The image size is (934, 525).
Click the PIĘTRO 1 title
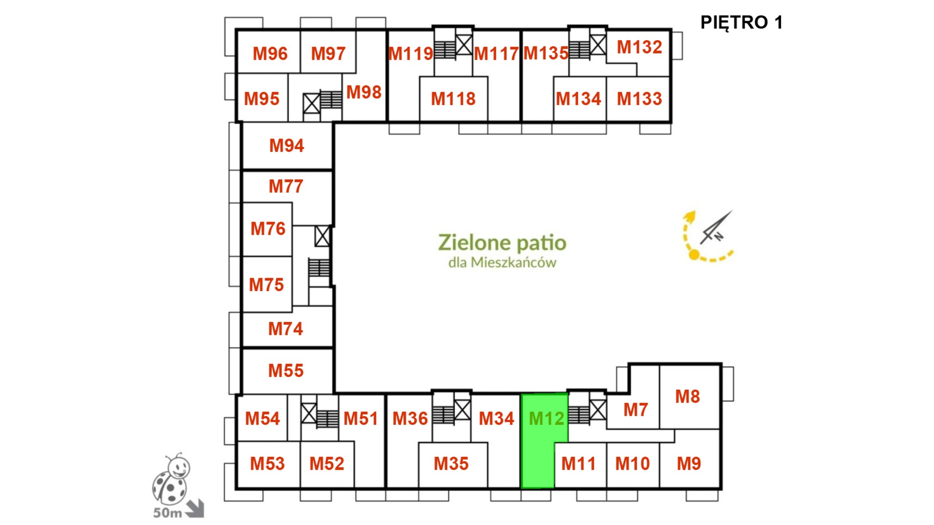point(741,22)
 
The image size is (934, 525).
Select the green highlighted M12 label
point(546,418)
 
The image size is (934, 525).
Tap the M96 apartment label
point(270,53)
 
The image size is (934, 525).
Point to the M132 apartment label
point(639,47)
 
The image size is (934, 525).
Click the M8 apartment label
point(687,396)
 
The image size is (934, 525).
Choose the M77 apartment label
point(286,186)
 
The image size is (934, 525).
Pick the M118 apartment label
point(453,99)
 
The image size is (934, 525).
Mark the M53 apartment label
point(267,463)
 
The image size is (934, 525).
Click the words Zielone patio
point(502,243)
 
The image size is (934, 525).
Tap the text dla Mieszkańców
point(502,262)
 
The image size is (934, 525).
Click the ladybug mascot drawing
point(171,479)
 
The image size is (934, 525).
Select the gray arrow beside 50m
point(195,509)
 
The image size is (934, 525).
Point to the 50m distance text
point(167,513)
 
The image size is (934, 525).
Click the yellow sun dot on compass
point(694,254)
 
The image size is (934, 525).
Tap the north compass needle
point(716,227)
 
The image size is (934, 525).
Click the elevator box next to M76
point(322,236)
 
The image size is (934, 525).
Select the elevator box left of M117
point(464,45)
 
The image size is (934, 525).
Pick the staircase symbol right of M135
point(579,49)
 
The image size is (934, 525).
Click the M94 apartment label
point(286,146)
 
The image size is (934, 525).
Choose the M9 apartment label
point(689,463)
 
